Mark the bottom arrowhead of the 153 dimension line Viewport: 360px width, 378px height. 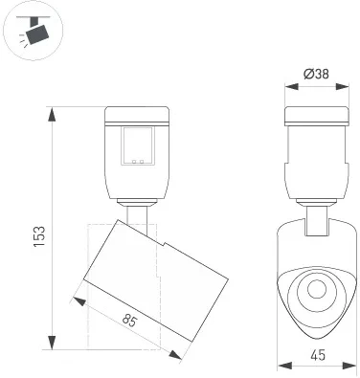[50, 347]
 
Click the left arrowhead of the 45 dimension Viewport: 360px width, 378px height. [279, 365]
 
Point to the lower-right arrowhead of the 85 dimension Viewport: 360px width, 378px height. [179, 356]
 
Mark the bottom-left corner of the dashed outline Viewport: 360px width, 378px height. [88, 345]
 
